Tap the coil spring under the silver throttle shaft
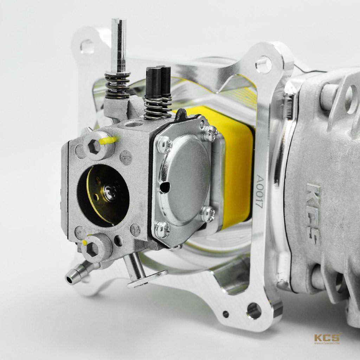tap(117, 85)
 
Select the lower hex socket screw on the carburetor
tap(92, 249)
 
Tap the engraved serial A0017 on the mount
tap(260, 191)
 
